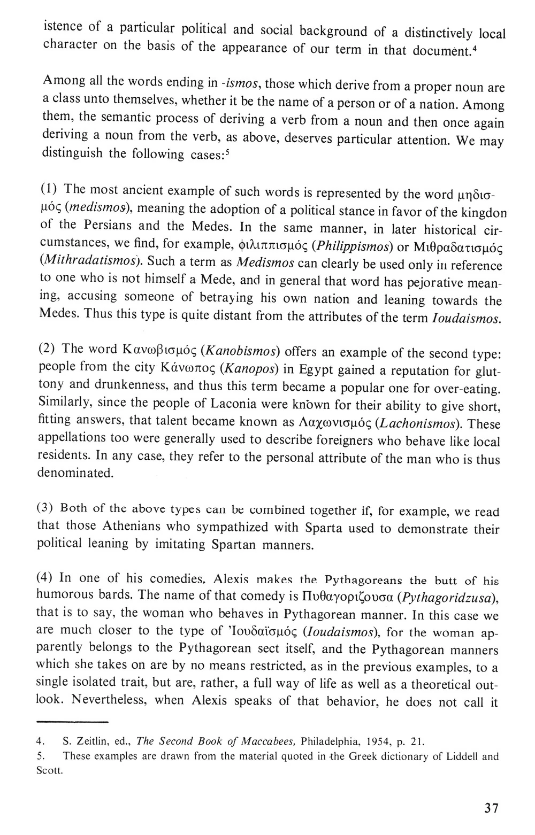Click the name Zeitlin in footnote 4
point(94,741)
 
